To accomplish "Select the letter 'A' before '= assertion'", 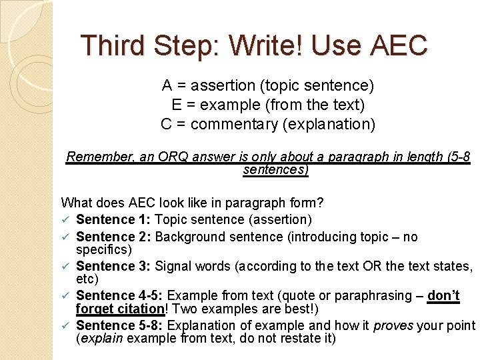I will pyautogui.click(x=167, y=86).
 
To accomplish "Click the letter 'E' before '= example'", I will pyautogui.click(x=176, y=105).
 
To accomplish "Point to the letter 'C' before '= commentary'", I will pyautogui.click(x=166, y=124).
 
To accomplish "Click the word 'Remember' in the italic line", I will pyautogui.click(x=95, y=157).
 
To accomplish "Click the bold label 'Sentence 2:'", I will pyautogui.click(x=113, y=237).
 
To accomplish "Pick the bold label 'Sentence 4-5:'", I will pyautogui.click(x=119, y=296).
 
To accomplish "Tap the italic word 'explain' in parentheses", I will pyautogui.click(x=100, y=338).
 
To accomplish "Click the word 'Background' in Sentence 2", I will pyautogui.click(x=188, y=237).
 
